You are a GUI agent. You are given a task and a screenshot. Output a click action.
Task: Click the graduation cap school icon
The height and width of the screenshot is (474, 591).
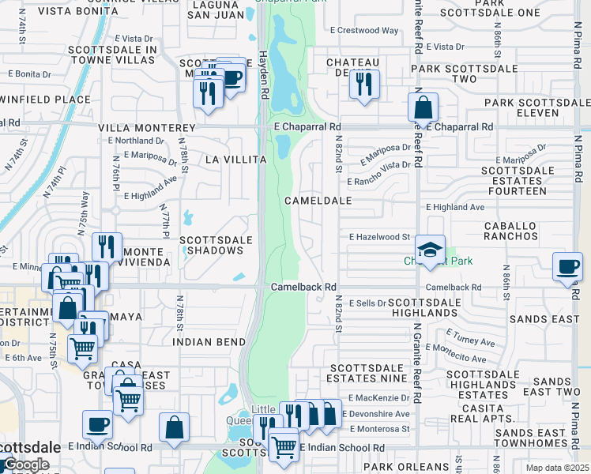430,250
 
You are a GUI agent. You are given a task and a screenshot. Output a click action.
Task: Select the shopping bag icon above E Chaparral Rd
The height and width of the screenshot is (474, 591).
423,107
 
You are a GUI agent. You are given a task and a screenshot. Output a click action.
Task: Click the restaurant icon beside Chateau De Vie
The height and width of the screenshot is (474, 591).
364,85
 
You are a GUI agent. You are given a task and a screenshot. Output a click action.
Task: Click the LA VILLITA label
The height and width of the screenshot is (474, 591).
235,160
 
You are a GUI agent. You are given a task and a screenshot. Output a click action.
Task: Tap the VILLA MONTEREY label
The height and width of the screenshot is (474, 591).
146,127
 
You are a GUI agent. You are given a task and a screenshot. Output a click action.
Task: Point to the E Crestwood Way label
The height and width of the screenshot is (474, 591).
364,30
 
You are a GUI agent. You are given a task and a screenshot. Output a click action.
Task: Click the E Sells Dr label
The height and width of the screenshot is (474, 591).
365,303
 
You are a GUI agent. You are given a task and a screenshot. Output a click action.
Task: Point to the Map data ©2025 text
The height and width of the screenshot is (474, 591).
556,468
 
